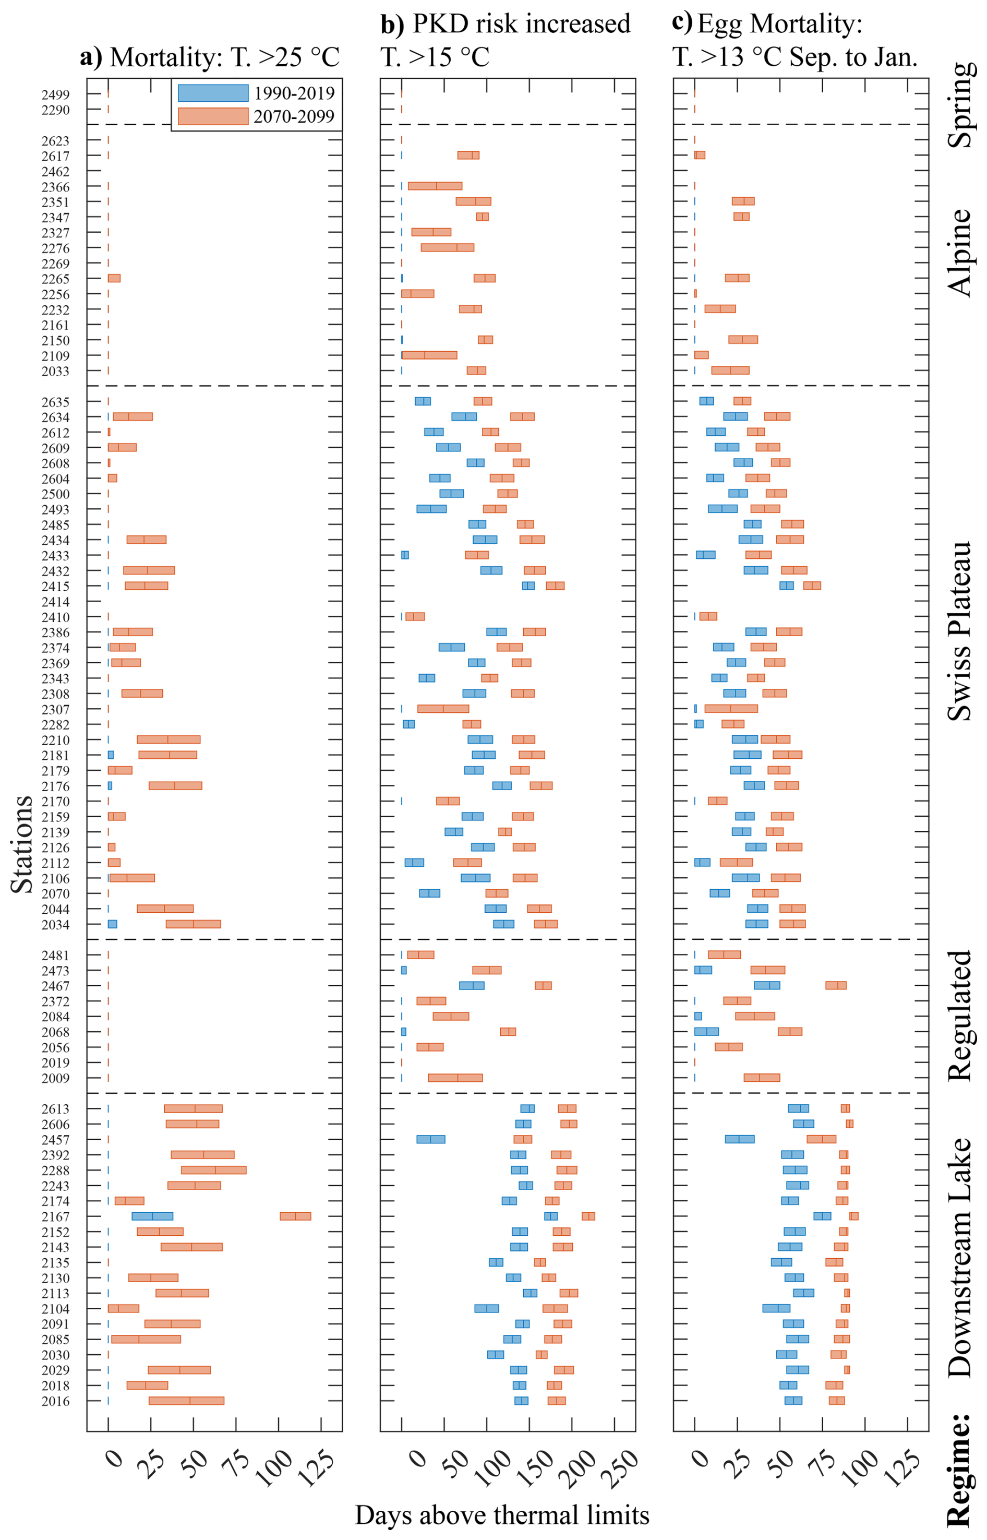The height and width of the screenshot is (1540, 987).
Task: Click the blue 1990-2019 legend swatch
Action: click(x=213, y=93)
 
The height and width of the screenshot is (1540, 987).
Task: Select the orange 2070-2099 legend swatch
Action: click(x=213, y=116)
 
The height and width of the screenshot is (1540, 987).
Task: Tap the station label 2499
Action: click(x=56, y=95)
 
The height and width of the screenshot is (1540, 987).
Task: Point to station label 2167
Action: click(x=56, y=1217)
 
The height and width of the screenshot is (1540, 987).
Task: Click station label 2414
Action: click(x=56, y=602)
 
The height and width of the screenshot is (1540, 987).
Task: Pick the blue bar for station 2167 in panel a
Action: click(x=152, y=1216)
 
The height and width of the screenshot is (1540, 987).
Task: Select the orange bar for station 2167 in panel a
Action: click(x=295, y=1216)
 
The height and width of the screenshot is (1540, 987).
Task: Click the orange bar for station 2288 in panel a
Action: click(x=213, y=1170)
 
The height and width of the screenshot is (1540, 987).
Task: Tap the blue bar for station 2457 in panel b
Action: click(x=431, y=1139)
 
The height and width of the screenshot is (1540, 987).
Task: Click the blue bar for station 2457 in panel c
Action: click(x=740, y=1139)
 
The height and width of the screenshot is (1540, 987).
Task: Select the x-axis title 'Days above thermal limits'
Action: click(x=502, y=1515)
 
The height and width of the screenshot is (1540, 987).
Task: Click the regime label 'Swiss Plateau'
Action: click(x=959, y=631)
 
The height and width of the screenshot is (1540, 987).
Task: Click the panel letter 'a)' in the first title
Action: click(x=91, y=57)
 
